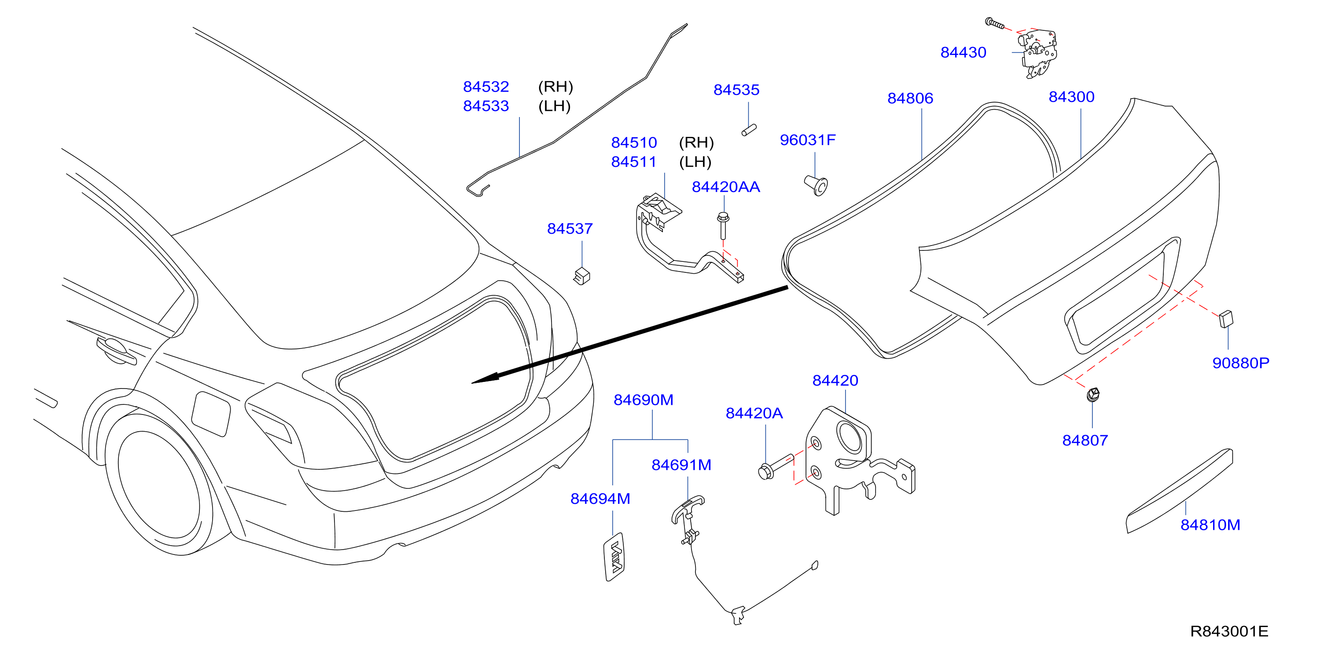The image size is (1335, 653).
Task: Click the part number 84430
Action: [963, 52]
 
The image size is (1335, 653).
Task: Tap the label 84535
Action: [736, 90]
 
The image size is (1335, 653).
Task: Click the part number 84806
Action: [910, 98]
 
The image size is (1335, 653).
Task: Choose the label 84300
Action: [1071, 97]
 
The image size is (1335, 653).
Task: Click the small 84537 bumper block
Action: [582, 276]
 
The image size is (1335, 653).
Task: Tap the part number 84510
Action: [634, 143]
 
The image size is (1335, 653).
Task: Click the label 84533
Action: [485, 106]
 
